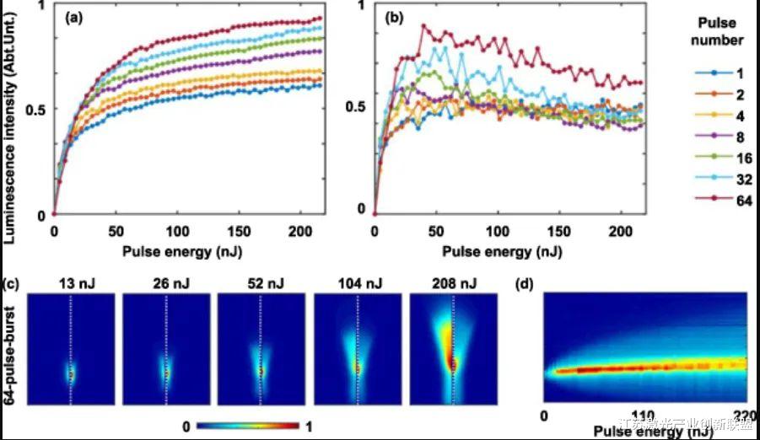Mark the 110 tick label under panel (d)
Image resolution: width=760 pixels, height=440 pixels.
coord(645,419)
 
